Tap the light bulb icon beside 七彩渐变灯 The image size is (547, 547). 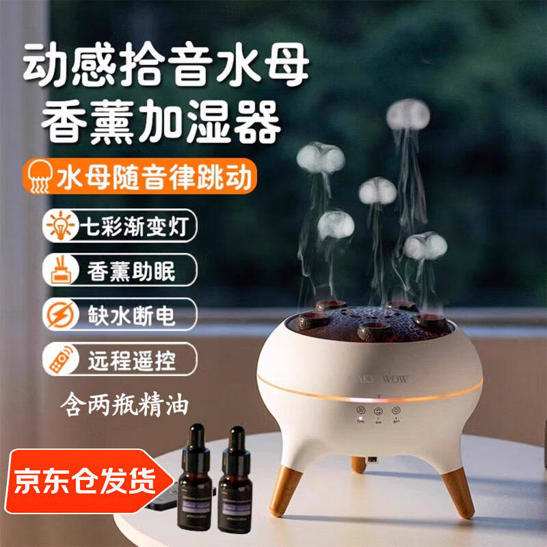(x=58, y=226)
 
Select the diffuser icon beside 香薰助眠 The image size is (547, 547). (x=58, y=270)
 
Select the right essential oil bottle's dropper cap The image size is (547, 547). (x=237, y=441)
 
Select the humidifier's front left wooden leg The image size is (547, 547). (x=286, y=491)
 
